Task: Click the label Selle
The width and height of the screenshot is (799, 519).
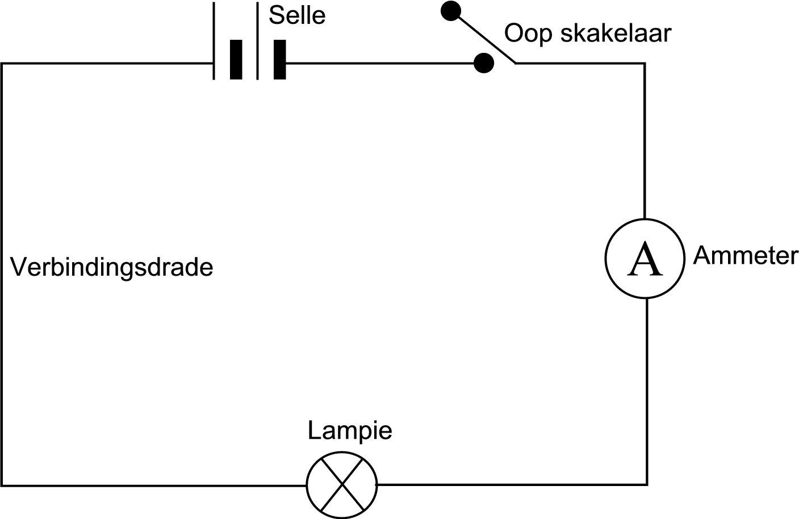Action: (297, 15)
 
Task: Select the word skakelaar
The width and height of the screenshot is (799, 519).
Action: (615, 34)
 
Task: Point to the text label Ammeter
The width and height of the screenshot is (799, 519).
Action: (745, 256)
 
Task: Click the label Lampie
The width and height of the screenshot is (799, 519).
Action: (350, 430)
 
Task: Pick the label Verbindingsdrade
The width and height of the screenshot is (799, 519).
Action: (112, 267)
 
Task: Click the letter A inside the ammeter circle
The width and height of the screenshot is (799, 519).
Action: (645, 259)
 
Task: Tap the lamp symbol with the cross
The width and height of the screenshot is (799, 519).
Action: (342, 485)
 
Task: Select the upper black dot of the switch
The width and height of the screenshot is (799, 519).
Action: (450, 10)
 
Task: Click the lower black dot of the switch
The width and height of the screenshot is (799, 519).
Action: (483, 63)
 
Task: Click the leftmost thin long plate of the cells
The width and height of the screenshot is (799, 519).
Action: (214, 41)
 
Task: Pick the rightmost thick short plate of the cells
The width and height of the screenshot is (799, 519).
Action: (279, 59)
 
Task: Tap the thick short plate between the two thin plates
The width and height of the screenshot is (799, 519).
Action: (236, 59)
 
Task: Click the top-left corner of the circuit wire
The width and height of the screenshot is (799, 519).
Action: (2, 64)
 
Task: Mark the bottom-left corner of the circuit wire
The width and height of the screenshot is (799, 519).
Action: (2, 485)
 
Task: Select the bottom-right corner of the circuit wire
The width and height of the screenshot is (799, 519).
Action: (646, 484)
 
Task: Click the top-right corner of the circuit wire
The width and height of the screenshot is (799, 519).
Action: (644, 64)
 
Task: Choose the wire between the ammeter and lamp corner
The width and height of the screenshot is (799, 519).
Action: (647, 392)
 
